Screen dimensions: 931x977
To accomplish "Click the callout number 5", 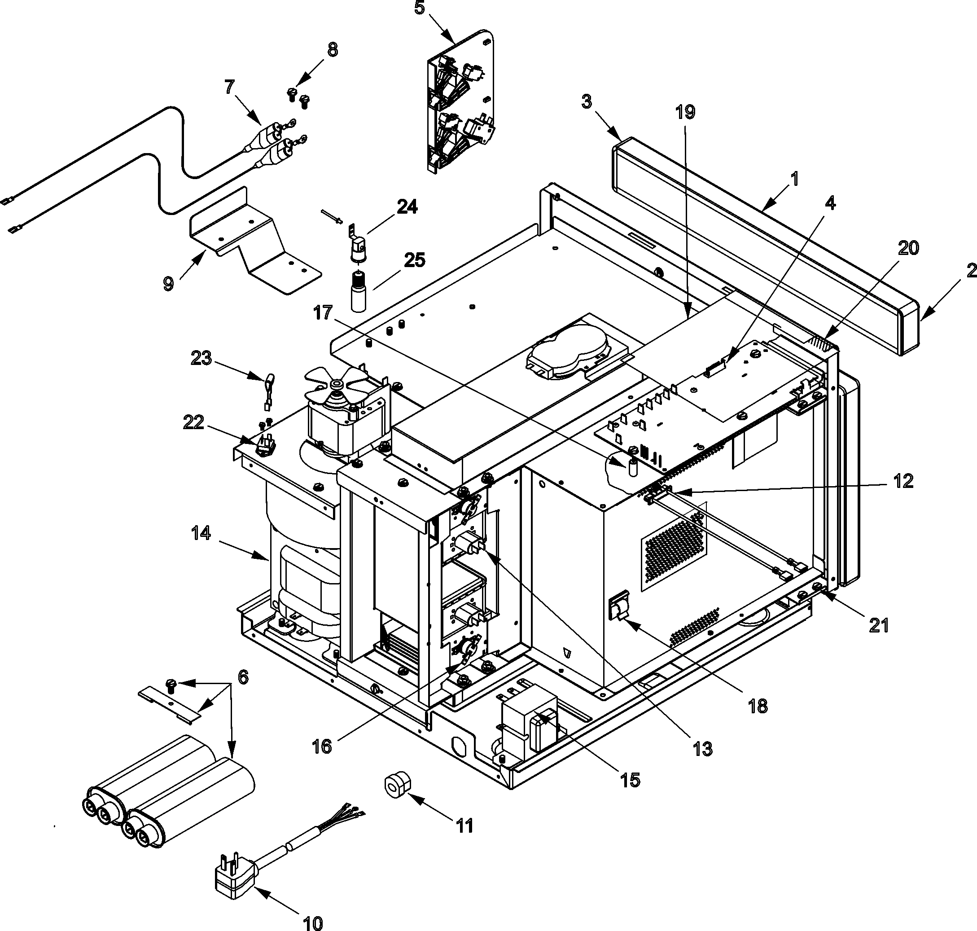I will [x=420, y=9].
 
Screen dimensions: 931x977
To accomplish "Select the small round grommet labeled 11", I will [x=398, y=786].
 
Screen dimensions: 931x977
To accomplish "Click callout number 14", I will [x=201, y=533].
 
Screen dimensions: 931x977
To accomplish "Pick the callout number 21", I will [x=879, y=625].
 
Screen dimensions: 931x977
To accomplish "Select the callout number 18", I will [x=758, y=706].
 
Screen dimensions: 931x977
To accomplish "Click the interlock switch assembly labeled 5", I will [x=459, y=104].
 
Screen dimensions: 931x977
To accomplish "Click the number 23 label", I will [x=201, y=358].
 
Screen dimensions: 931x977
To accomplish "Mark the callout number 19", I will [x=685, y=112].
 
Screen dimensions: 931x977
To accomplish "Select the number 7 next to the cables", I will [x=229, y=87].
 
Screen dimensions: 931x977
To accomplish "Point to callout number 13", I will [x=703, y=748].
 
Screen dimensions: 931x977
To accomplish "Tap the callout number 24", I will [x=407, y=206].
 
